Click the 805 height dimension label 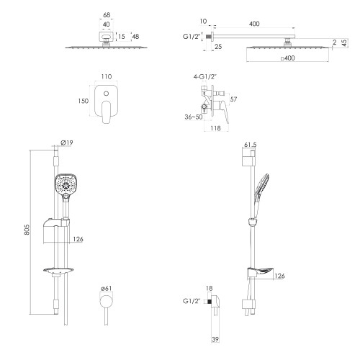click(x=27, y=230)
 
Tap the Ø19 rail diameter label click(x=67, y=143)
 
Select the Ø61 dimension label click(x=106, y=288)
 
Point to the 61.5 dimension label click(x=251, y=145)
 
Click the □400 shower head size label click(x=287, y=58)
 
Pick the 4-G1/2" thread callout click(x=205, y=77)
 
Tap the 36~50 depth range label click(x=194, y=117)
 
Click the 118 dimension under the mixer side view click(x=215, y=128)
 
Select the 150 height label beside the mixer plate click(x=83, y=101)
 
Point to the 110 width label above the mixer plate click(x=107, y=76)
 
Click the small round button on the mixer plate click(x=106, y=94)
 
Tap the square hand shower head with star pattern click(x=63, y=184)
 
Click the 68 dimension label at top click(x=107, y=15)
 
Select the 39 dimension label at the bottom click(x=215, y=339)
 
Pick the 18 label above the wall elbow click(x=210, y=288)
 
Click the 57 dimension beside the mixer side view click(x=233, y=99)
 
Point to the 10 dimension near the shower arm click(x=203, y=21)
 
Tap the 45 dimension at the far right click(x=344, y=43)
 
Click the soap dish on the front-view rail click(x=59, y=271)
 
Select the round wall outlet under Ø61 click(x=106, y=302)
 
